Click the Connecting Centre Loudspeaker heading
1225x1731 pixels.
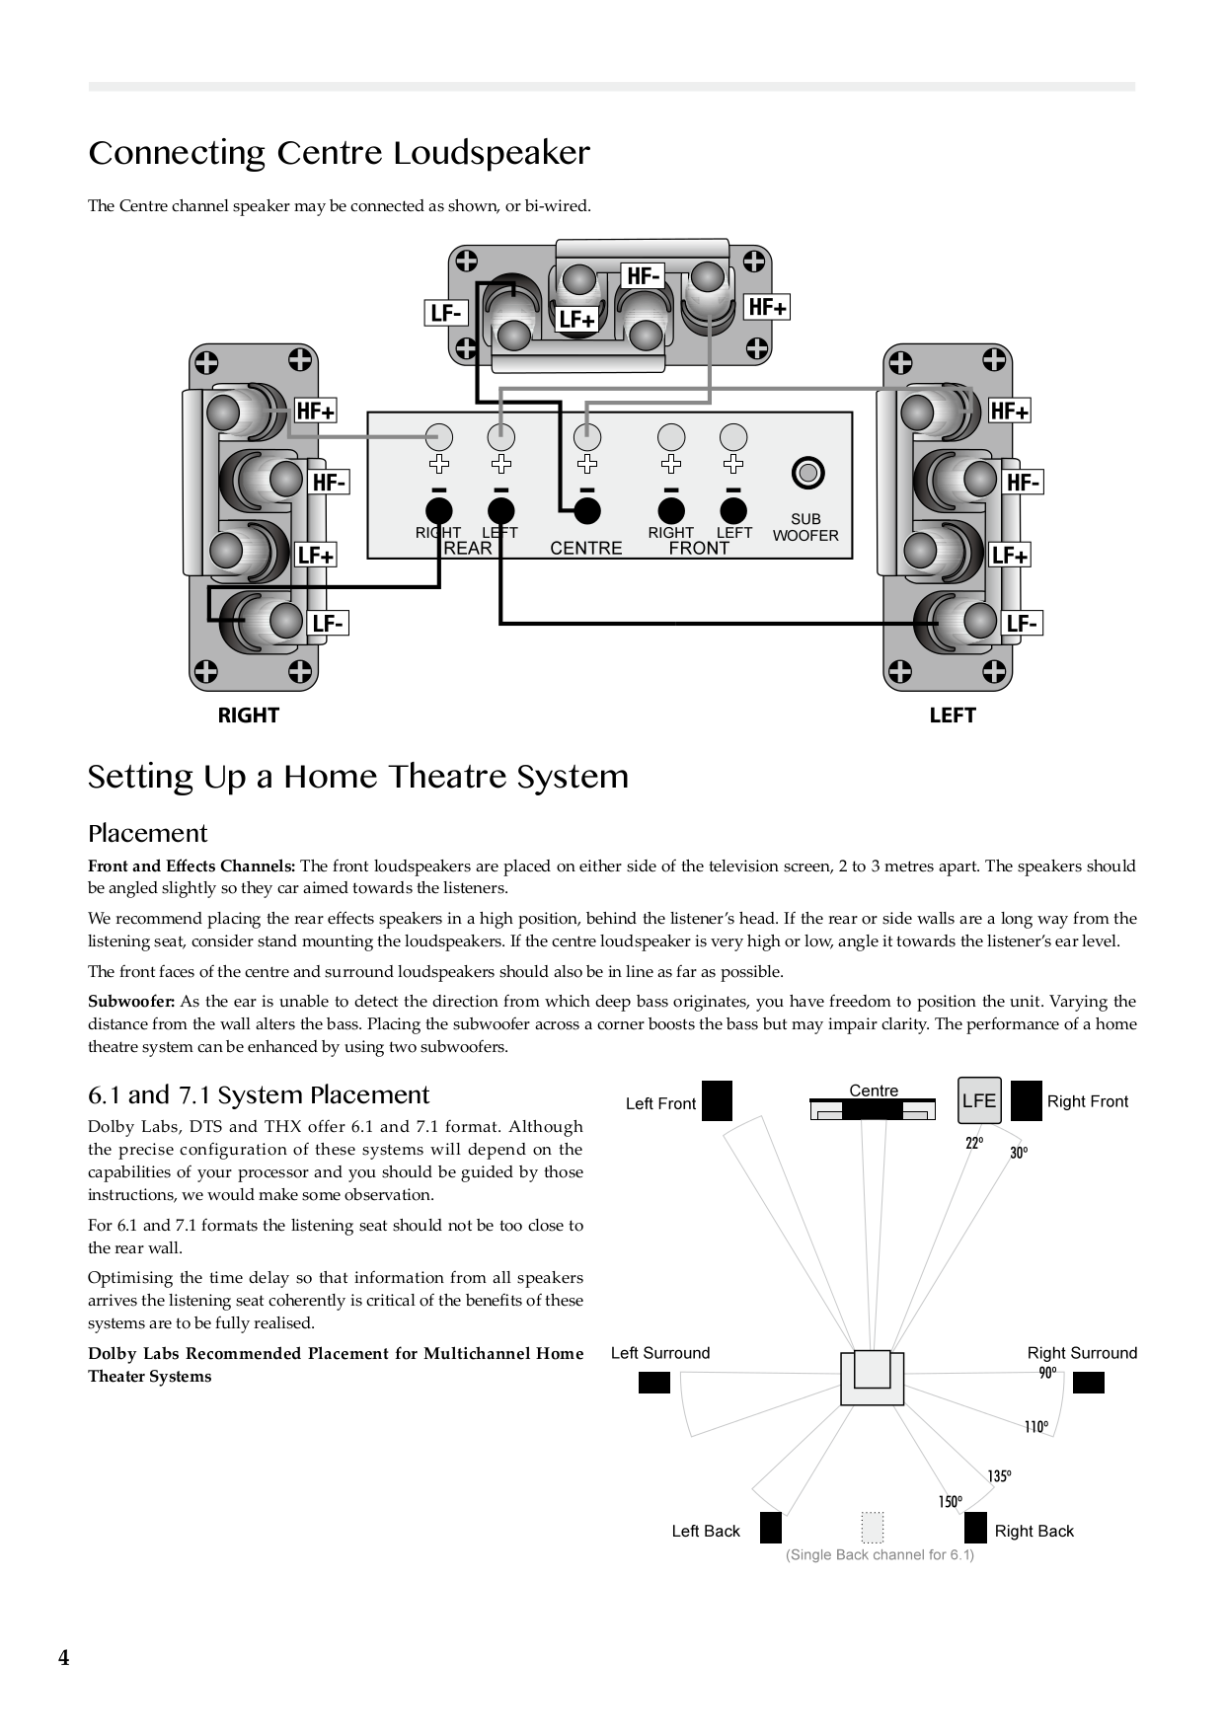(339, 153)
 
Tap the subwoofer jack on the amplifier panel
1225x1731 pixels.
(807, 474)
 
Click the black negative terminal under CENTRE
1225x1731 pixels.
(587, 510)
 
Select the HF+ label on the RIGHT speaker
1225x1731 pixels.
(316, 411)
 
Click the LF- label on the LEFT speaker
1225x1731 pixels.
(1022, 624)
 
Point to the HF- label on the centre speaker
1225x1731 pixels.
(643, 276)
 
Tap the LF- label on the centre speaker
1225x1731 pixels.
(446, 313)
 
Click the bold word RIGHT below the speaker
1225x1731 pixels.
(249, 715)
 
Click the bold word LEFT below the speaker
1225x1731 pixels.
(952, 715)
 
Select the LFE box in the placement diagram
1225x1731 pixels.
(979, 1100)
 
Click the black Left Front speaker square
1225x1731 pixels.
(717, 1100)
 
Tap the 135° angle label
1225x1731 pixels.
(999, 1476)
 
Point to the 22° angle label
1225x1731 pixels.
(974, 1143)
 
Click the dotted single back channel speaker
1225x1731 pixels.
(872, 1527)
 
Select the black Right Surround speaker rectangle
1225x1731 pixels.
(1088, 1383)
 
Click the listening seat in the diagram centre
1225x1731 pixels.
(873, 1378)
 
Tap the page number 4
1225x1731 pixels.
(64, 1658)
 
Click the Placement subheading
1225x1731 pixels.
(147, 833)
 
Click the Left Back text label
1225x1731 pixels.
(706, 1531)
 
